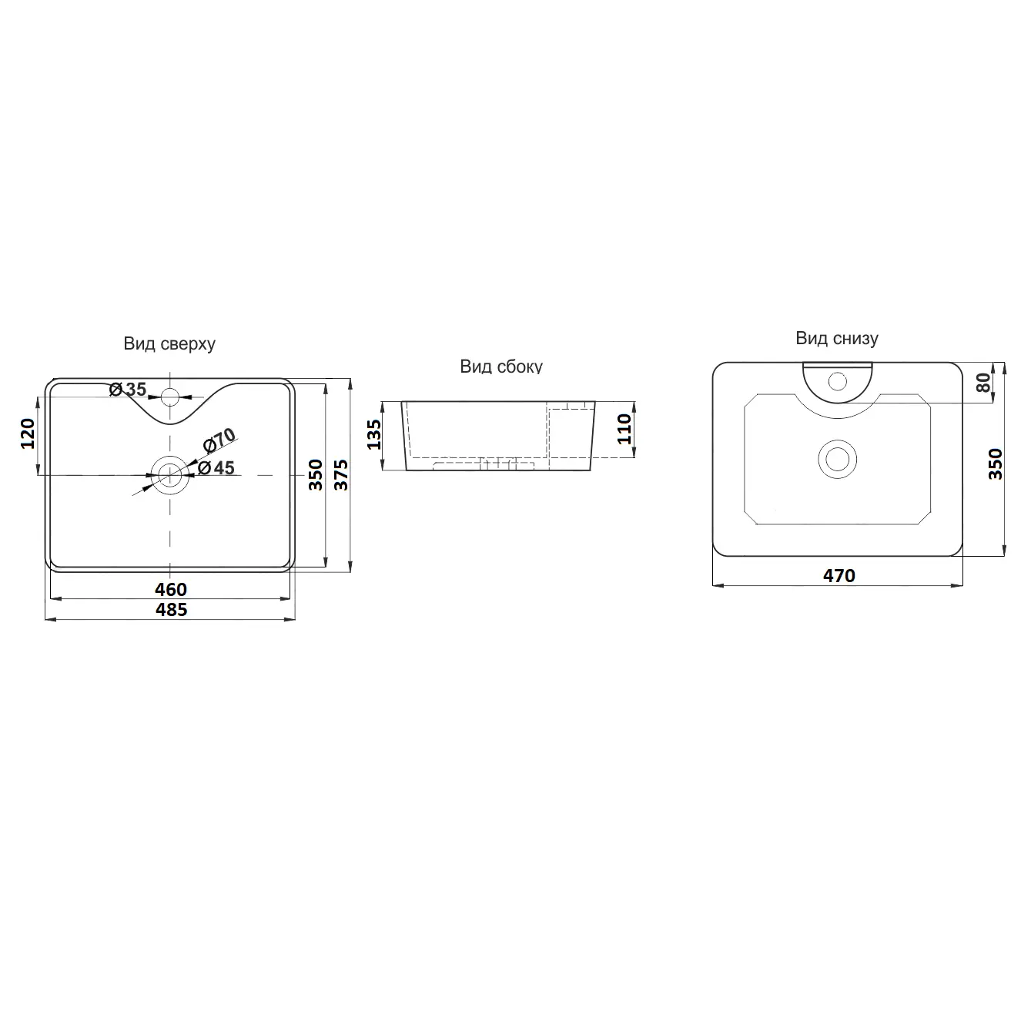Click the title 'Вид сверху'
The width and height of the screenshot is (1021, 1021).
(x=169, y=344)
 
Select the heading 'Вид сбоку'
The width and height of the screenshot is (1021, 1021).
(x=501, y=366)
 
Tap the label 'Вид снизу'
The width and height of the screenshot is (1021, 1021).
(x=837, y=338)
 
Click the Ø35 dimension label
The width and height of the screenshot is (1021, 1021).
(x=128, y=390)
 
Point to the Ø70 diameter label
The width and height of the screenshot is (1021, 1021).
(x=219, y=440)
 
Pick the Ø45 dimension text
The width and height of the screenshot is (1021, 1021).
(x=216, y=468)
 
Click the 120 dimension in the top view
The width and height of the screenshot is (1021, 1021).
(x=28, y=434)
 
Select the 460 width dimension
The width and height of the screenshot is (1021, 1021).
(x=171, y=589)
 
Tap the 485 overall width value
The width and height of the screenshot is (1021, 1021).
(x=171, y=609)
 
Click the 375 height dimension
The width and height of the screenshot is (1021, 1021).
(x=340, y=475)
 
